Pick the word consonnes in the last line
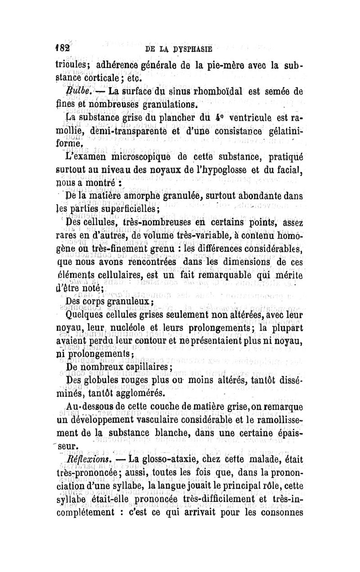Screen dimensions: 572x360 tap(275, 513)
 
